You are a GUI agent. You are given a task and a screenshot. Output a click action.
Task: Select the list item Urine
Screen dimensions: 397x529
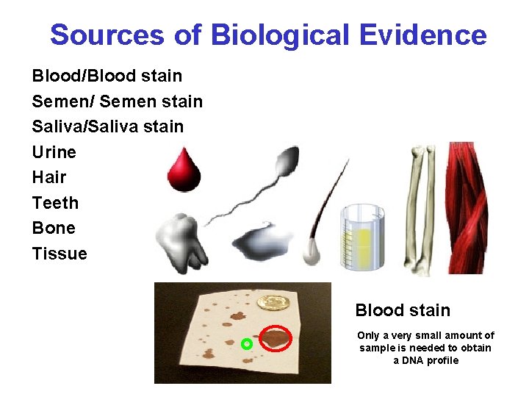(x=54, y=152)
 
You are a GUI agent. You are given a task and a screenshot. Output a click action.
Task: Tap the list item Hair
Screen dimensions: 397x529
(x=49, y=177)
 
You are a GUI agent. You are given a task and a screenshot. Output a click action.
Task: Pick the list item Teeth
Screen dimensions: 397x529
(x=55, y=203)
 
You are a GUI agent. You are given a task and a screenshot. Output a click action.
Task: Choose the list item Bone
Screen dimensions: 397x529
(x=54, y=228)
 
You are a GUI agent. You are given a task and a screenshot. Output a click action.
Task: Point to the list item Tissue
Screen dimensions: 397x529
(x=60, y=254)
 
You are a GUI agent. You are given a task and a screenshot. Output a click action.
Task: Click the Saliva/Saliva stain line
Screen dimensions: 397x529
(x=108, y=126)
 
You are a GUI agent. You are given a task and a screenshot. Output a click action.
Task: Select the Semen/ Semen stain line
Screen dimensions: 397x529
(x=118, y=101)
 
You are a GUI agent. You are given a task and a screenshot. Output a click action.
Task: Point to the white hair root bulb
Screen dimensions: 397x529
(x=309, y=251)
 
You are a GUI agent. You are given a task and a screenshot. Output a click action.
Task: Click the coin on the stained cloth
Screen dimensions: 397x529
(x=275, y=303)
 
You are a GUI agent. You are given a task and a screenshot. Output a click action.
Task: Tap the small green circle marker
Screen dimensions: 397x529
(x=247, y=343)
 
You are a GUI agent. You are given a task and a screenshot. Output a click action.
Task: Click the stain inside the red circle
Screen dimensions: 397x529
(x=276, y=338)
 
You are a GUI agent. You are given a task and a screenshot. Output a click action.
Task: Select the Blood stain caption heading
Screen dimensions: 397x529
(x=403, y=310)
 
